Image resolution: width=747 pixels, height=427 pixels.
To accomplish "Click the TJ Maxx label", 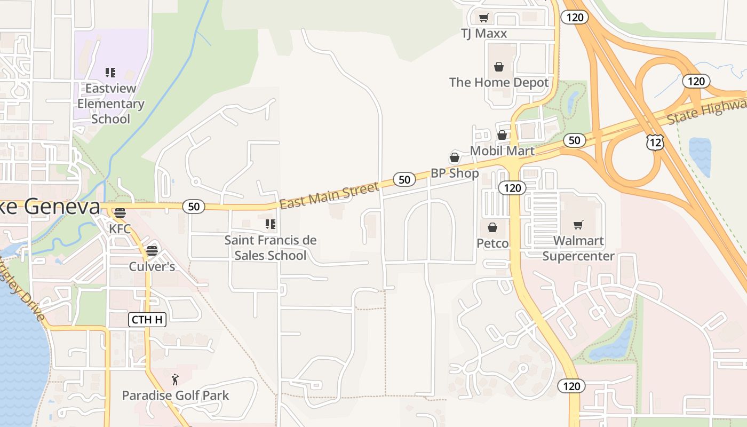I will click(483, 33).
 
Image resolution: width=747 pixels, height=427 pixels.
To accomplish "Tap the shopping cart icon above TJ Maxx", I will click(483, 18).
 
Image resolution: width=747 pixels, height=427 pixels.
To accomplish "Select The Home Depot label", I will click(499, 82).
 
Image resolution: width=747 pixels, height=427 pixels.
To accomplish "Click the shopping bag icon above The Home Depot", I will click(498, 67).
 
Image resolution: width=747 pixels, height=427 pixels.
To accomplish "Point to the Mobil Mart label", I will click(502, 151).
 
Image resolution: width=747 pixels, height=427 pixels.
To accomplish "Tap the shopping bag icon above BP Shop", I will click(455, 157).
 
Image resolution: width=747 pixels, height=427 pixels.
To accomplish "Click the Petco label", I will click(492, 243).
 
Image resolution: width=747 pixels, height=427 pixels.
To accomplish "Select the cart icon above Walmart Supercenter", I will click(578, 225).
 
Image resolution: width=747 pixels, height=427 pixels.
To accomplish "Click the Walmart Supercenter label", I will click(578, 248).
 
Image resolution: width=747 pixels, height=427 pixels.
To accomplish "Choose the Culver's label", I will click(152, 266).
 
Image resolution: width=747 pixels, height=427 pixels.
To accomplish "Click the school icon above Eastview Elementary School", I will click(110, 73).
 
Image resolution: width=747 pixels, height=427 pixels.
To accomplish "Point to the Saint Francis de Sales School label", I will click(271, 248).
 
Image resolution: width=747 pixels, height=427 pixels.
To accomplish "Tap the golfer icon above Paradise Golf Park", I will click(175, 380).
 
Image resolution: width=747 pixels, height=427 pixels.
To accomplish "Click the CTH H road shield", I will click(147, 320).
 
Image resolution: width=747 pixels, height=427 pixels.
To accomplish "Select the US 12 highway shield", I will click(655, 142).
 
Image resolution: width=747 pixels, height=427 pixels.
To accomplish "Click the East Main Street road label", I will click(329, 195).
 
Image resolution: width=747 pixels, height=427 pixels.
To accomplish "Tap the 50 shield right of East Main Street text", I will click(404, 179).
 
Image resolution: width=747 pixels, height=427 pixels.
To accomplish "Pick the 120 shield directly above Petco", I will click(512, 187).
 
